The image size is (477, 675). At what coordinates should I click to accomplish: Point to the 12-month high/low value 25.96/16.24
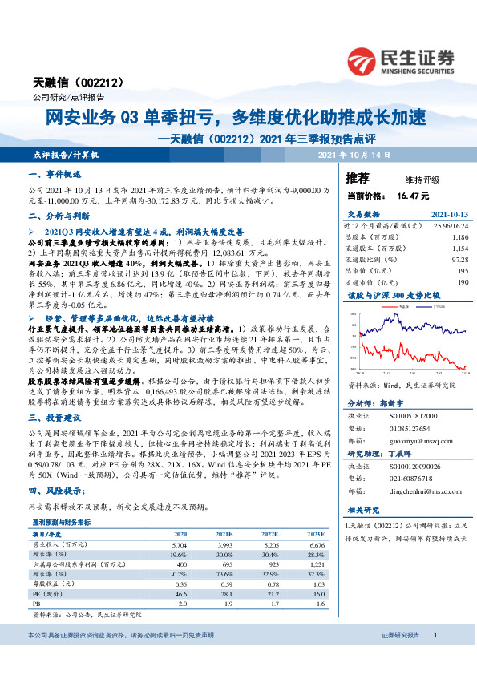tap(449, 228)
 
